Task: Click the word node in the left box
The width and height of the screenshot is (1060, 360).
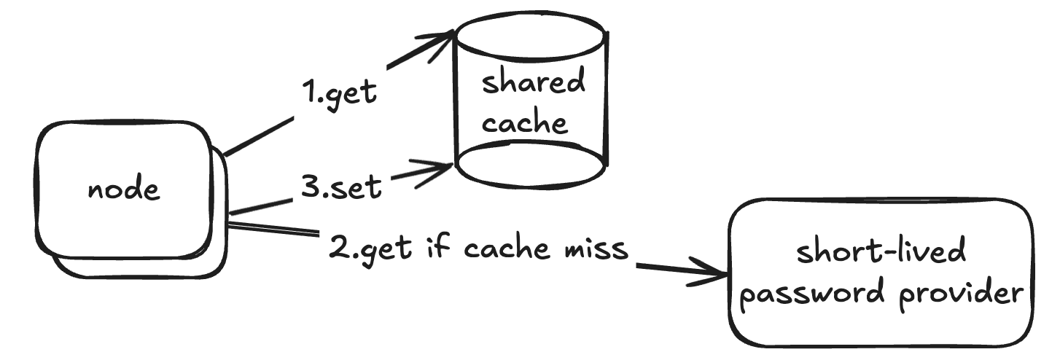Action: coord(123,190)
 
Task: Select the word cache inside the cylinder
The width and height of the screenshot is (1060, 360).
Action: coord(524,122)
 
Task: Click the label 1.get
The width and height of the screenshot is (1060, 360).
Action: coord(340,93)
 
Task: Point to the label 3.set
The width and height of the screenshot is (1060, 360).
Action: coord(341,187)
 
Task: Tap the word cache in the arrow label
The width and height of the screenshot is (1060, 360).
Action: coord(505,249)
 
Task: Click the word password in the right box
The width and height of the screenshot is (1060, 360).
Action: coord(815,295)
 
